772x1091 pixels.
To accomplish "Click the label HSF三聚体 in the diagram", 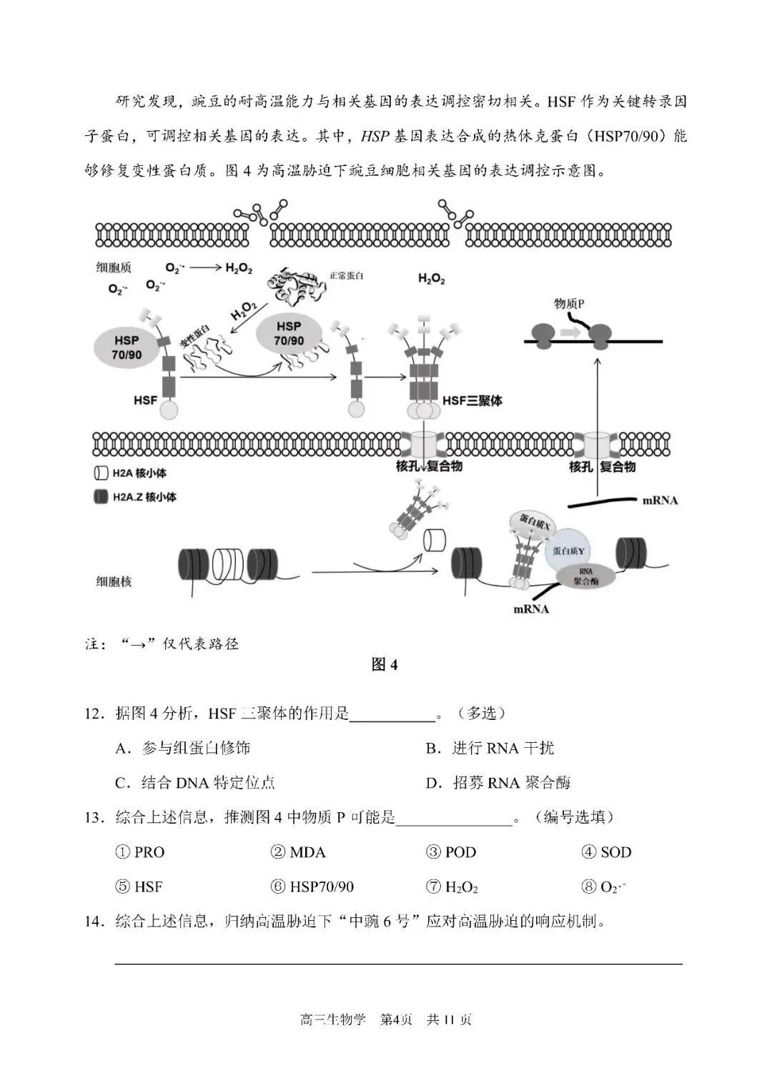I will pyautogui.click(x=472, y=400).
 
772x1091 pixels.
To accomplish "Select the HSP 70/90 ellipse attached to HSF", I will pyautogui.click(x=127, y=347).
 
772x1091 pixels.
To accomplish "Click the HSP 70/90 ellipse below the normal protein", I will pyautogui.click(x=288, y=333).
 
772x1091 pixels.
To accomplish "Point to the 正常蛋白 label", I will pyautogui.click(x=346, y=275).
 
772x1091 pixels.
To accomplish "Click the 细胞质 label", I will pyautogui.click(x=114, y=267).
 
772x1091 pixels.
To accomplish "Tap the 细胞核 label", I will pyautogui.click(x=114, y=581).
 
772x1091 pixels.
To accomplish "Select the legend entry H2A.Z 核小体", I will pyautogui.click(x=135, y=497).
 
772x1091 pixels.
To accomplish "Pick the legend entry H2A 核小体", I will pyautogui.click(x=130, y=473).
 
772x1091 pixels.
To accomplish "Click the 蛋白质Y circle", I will pyautogui.click(x=569, y=551).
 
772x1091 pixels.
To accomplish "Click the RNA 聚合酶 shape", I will pyautogui.click(x=585, y=576).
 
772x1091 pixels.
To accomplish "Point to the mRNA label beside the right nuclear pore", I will pyautogui.click(x=659, y=500).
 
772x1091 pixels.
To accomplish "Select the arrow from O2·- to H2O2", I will pyautogui.click(x=206, y=267).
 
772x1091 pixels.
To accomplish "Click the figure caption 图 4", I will pyautogui.click(x=385, y=665).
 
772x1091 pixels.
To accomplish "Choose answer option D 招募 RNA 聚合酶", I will pyautogui.click(x=498, y=783).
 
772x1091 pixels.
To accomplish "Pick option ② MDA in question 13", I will pyautogui.click(x=298, y=852).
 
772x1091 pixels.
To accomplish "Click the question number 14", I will pyautogui.click(x=94, y=921).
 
